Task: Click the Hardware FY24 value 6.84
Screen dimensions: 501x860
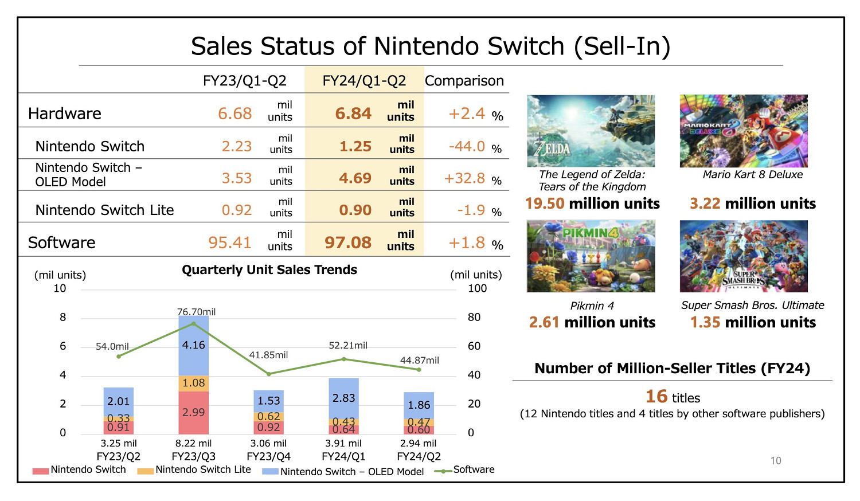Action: [x=353, y=113]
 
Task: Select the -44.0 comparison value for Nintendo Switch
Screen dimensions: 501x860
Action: [x=467, y=147]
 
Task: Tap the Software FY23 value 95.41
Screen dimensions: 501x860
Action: [x=229, y=242]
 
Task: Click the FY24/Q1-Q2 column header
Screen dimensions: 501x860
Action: [x=364, y=81]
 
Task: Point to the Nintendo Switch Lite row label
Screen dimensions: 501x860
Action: [x=104, y=210]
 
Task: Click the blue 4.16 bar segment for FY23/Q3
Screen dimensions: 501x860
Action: [x=193, y=345]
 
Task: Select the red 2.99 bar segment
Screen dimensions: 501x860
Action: [x=193, y=412]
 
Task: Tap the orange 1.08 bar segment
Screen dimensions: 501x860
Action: [x=193, y=383]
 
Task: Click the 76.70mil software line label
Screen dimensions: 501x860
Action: [x=196, y=312]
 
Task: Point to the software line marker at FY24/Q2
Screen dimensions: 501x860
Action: [x=419, y=370]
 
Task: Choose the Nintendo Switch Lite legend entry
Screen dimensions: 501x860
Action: [x=194, y=470]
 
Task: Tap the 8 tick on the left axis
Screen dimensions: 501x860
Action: [x=62, y=318]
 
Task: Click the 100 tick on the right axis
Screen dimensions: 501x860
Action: [x=477, y=288]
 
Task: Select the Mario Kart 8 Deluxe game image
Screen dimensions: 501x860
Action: [x=744, y=131]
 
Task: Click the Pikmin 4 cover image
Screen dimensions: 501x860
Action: [x=591, y=256]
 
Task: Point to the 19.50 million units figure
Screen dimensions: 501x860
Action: [x=592, y=203]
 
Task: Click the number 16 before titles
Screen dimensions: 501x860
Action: [x=656, y=397]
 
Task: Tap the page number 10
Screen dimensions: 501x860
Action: [x=776, y=460]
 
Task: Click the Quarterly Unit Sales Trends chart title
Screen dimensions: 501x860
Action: [x=269, y=270]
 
